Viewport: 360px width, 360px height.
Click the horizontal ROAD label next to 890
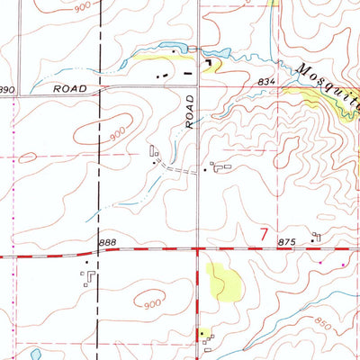pyautogui.click(x=68, y=89)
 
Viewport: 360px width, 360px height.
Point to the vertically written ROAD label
pyautogui.click(x=190, y=111)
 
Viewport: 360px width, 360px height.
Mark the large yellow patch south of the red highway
pyautogui.click(x=224, y=282)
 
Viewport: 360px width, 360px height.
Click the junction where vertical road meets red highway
pyautogui.click(x=197, y=249)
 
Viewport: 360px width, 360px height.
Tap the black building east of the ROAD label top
pyautogui.click(x=210, y=63)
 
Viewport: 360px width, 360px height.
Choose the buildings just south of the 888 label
pyautogui.click(x=88, y=277)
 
